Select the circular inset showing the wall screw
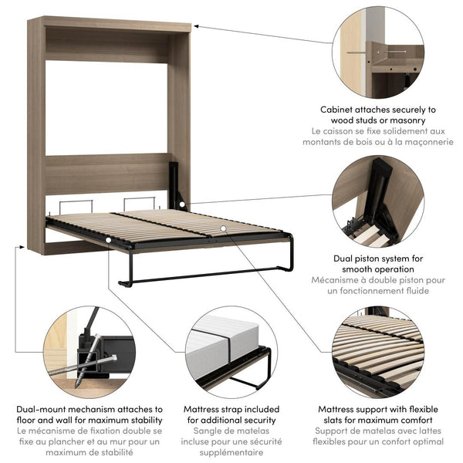[x=379, y=50]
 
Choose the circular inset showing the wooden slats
[x=379, y=351]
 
